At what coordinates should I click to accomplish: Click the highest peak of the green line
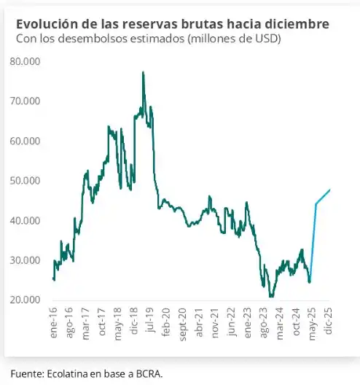click(x=143, y=71)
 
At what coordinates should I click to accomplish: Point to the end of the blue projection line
click(x=330, y=190)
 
